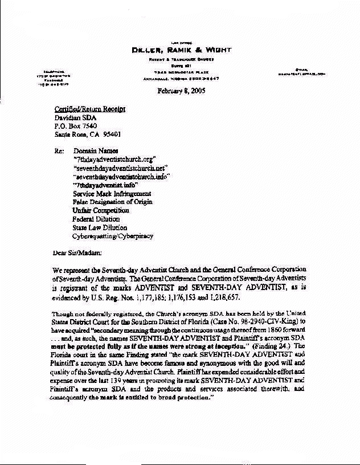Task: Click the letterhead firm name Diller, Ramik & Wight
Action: click(x=181, y=50)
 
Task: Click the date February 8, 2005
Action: click(x=181, y=90)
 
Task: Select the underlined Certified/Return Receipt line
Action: click(x=90, y=109)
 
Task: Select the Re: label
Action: click(x=60, y=150)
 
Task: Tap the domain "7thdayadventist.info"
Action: click(x=105, y=185)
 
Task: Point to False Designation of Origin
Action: click(x=112, y=202)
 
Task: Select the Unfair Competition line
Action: click(x=101, y=210)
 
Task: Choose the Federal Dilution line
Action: click(x=96, y=219)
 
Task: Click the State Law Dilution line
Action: click(x=100, y=227)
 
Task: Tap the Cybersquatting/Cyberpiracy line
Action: click(x=112, y=236)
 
